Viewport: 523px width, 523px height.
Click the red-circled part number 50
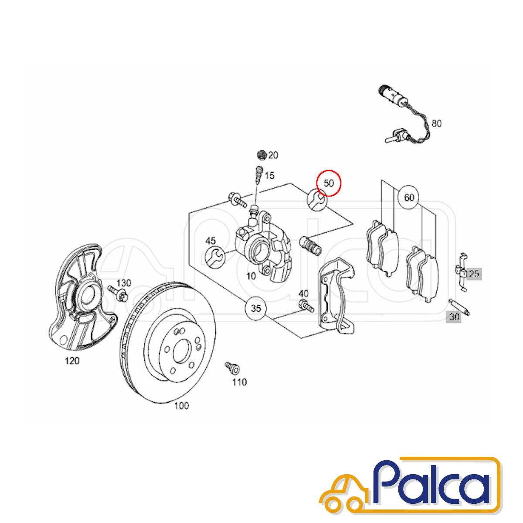click(x=329, y=183)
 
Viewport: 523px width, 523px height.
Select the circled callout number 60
click(x=409, y=197)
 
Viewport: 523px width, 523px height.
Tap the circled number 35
click(x=256, y=309)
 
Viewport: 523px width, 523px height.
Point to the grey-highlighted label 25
click(x=474, y=274)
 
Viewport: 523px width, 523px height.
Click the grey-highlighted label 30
click(x=454, y=317)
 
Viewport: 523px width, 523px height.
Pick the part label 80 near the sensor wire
click(x=437, y=124)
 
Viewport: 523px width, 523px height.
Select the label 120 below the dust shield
click(x=72, y=361)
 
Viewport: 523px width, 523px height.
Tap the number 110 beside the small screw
click(x=239, y=382)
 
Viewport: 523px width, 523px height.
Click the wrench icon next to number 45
click(x=215, y=256)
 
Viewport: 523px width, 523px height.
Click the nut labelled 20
click(x=261, y=155)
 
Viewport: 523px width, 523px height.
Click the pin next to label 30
click(x=459, y=307)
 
